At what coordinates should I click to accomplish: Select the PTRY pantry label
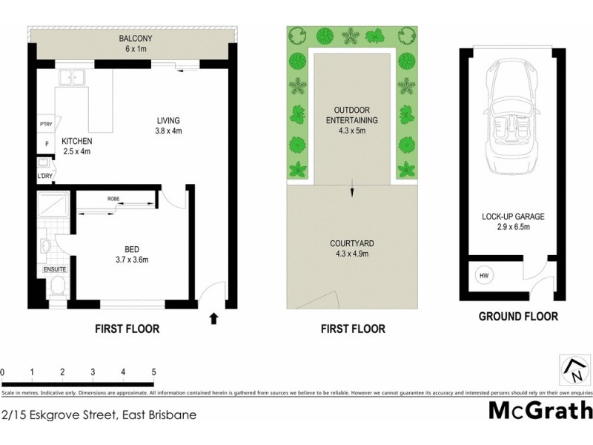pos(45,124)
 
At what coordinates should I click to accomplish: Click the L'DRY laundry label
pos(44,176)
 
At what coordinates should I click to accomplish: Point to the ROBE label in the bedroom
pos(113,199)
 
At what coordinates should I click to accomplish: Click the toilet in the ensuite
pos(58,286)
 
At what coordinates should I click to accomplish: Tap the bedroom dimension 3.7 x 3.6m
pos(131,260)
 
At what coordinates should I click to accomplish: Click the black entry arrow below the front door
pos(215,319)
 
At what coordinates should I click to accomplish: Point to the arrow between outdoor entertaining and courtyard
pos(352,191)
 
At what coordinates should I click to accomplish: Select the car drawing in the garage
pos(506,119)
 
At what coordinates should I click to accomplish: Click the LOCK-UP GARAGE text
pos(513,217)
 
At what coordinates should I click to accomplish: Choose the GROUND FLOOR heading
pos(518,317)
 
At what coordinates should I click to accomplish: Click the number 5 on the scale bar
pos(153,372)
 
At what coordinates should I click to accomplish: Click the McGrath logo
pos(540,410)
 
